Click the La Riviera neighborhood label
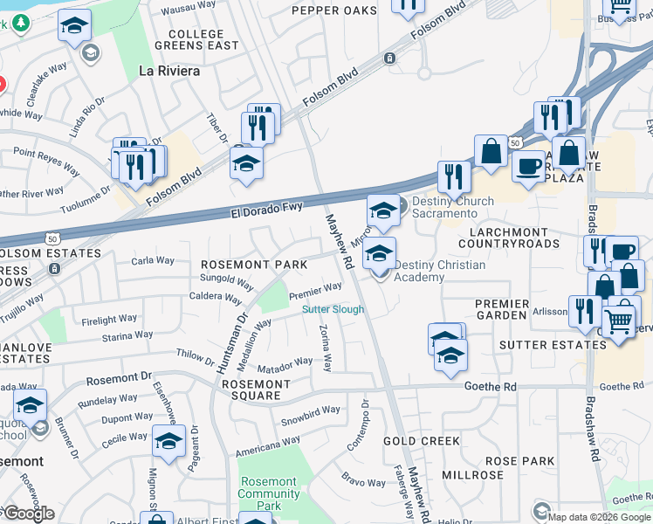(x=169, y=72)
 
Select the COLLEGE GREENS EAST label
(x=197, y=39)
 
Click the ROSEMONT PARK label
(x=253, y=265)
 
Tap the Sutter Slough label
(x=333, y=309)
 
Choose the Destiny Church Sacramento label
(x=452, y=207)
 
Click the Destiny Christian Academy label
(x=439, y=271)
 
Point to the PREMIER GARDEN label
(x=502, y=309)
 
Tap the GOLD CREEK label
(x=422, y=441)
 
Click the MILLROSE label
(x=472, y=475)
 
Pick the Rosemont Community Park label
(x=269, y=493)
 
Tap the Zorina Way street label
(x=325, y=348)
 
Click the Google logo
(x=28, y=514)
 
